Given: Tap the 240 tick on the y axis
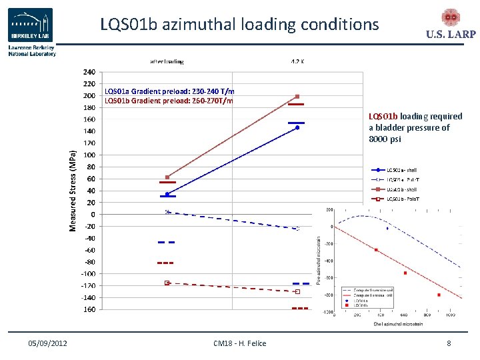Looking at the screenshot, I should pyautogui.click(x=89, y=72).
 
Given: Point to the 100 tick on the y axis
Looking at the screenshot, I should pyautogui.click(x=89, y=155).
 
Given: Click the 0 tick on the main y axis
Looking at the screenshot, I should pyautogui.click(x=92, y=214).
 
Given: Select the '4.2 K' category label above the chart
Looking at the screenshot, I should pyautogui.click(x=298, y=61).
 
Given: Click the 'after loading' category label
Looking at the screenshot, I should pyautogui.click(x=167, y=61).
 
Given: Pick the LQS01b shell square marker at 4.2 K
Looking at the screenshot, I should pyautogui.click(x=297, y=97).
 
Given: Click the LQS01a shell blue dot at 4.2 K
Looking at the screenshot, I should pyautogui.click(x=297, y=127).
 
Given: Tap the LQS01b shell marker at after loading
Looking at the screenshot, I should pyautogui.click(x=167, y=177).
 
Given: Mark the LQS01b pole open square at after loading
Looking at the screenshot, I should pyautogui.click(x=167, y=283).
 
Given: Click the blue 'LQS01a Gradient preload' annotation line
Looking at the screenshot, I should pyautogui.click(x=169, y=91).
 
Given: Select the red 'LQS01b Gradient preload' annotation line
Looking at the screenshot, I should pyautogui.click(x=169, y=101).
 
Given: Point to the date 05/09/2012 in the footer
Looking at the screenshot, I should pyautogui.click(x=47, y=343).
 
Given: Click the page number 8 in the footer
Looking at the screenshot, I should pyautogui.click(x=449, y=343).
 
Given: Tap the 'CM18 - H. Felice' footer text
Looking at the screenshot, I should pyautogui.click(x=239, y=343).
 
